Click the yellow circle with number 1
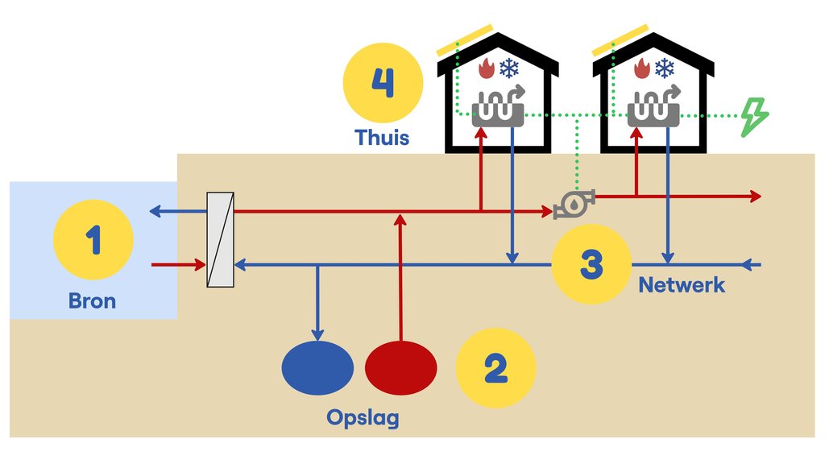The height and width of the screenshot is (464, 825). click(x=93, y=239)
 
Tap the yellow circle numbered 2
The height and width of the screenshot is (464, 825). click(x=495, y=368)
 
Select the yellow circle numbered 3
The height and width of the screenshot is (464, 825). click(x=591, y=264)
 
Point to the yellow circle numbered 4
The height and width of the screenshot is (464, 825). click(x=383, y=83)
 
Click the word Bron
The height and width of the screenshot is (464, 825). click(x=92, y=301)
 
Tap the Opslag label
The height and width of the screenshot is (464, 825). click(x=363, y=418)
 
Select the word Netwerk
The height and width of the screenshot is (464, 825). click(x=682, y=285)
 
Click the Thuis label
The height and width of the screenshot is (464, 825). click(x=382, y=137)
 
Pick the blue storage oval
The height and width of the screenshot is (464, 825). click(x=317, y=367)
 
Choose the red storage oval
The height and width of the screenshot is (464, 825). click(x=401, y=367)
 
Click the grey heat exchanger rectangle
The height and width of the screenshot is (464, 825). click(x=220, y=239)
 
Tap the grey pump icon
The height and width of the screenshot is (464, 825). click(x=574, y=204)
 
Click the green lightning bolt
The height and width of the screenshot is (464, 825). click(x=755, y=117)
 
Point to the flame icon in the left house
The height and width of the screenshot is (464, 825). click(x=486, y=68)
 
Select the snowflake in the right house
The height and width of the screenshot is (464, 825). click(x=665, y=68)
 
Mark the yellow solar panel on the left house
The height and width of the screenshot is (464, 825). click(x=465, y=40)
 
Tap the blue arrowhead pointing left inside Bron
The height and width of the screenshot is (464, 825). click(x=155, y=212)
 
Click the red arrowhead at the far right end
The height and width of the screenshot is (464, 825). click(x=756, y=197)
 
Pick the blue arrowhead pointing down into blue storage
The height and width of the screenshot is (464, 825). click(x=317, y=334)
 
